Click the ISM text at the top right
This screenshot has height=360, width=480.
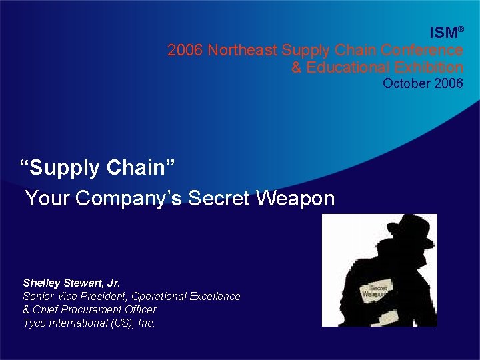click(443, 33)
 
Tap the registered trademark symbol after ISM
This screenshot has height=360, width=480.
click(460, 29)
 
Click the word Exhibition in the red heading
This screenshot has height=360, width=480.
click(429, 67)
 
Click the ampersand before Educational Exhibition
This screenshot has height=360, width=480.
click(297, 67)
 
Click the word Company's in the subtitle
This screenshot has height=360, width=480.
click(129, 198)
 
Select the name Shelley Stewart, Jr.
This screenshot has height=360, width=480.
click(71, 283)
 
